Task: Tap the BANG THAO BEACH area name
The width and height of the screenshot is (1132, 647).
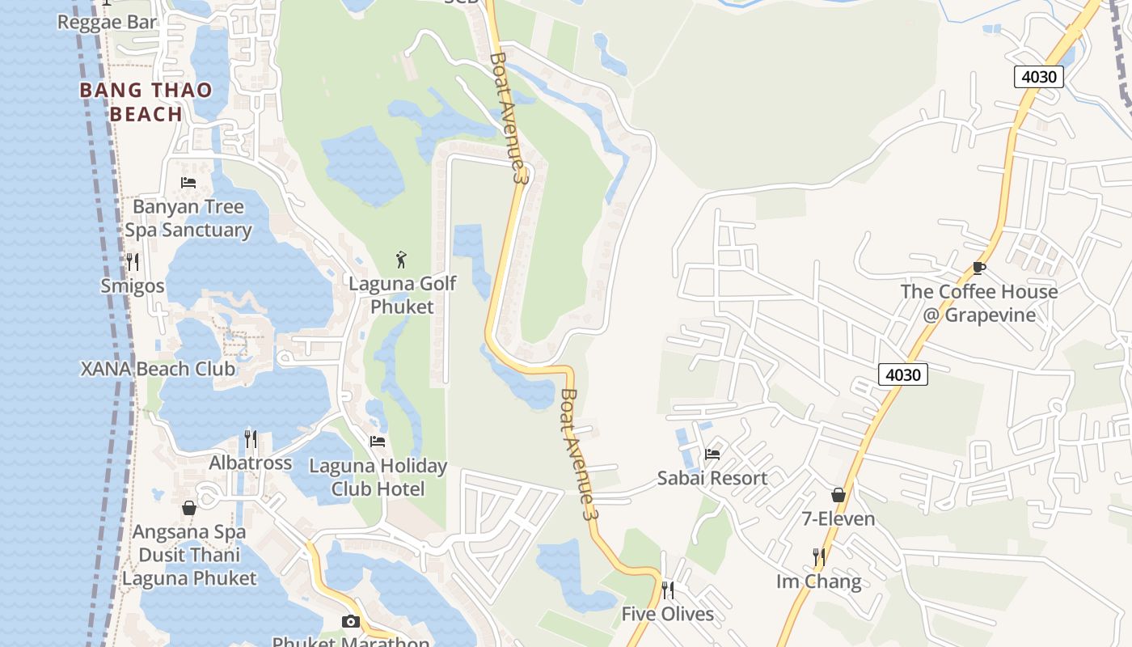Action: pyautogui.click(x=146, y=102)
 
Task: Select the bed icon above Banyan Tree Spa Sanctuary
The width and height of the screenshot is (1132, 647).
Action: pyautogui.click(x=188, y=183)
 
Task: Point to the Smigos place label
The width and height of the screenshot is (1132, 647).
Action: pyautogui.click(x=133, y=286)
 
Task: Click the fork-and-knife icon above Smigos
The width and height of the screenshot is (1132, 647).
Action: pyautogui.click(x=133, y=261)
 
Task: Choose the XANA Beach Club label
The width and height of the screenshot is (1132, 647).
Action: pyautogui.click(x=158, y=369)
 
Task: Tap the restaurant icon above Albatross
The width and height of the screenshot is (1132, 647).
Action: pyautogui.click(x=251, y=439)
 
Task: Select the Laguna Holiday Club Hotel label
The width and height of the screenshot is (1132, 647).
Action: pyautogui.click(x=378, y=477)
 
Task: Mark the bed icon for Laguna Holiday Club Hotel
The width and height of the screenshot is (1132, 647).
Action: pyautogui.click(x=378, y=442)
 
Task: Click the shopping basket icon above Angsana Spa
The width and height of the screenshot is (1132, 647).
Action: pyautogui.click(x=189, y=508)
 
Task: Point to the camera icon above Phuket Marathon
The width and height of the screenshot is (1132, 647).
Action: pyautogui.click(x=350, y=621)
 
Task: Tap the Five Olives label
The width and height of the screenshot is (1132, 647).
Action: pyautogui.click(x=667, y=614)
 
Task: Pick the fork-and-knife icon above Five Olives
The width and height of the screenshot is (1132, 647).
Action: pyautogui.click(x=668, y=590)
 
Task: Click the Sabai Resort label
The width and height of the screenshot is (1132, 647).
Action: pyautogui.click(x=712, y=478)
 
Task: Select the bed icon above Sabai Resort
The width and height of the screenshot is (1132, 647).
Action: pyautogui.click(x=712, y=454)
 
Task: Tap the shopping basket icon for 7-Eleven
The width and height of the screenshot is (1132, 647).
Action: pyautogui.click(x=838, y=495)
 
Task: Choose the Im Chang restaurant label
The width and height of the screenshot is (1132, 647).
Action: pyautogui.click(x=818, y=581)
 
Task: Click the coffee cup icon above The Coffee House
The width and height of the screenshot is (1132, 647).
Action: pyautogui.click(x=979, y=268)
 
